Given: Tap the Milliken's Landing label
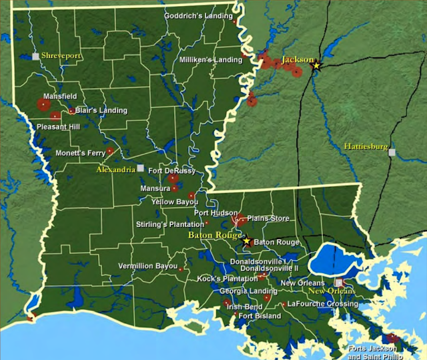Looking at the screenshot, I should (x=210, y=60).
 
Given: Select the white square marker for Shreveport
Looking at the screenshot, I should (x=36, y=57).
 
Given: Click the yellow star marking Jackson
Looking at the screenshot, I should (x=317, y=65).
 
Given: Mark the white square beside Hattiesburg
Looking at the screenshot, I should (x=392, y=152).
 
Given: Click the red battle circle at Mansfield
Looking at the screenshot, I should (x=44, y=104).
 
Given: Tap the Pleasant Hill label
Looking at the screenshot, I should (x=59, y=126).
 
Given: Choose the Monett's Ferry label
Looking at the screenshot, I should (x=79, y=154).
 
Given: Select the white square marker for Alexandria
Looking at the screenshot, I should (x=140, y=168).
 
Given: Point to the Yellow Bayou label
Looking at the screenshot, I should (x=175, y=201).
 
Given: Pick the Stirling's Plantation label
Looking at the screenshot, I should (x=169, y=224).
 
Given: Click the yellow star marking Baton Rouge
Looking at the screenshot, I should (x=246, y=240).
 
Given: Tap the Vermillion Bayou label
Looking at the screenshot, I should (x=147, y=266).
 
